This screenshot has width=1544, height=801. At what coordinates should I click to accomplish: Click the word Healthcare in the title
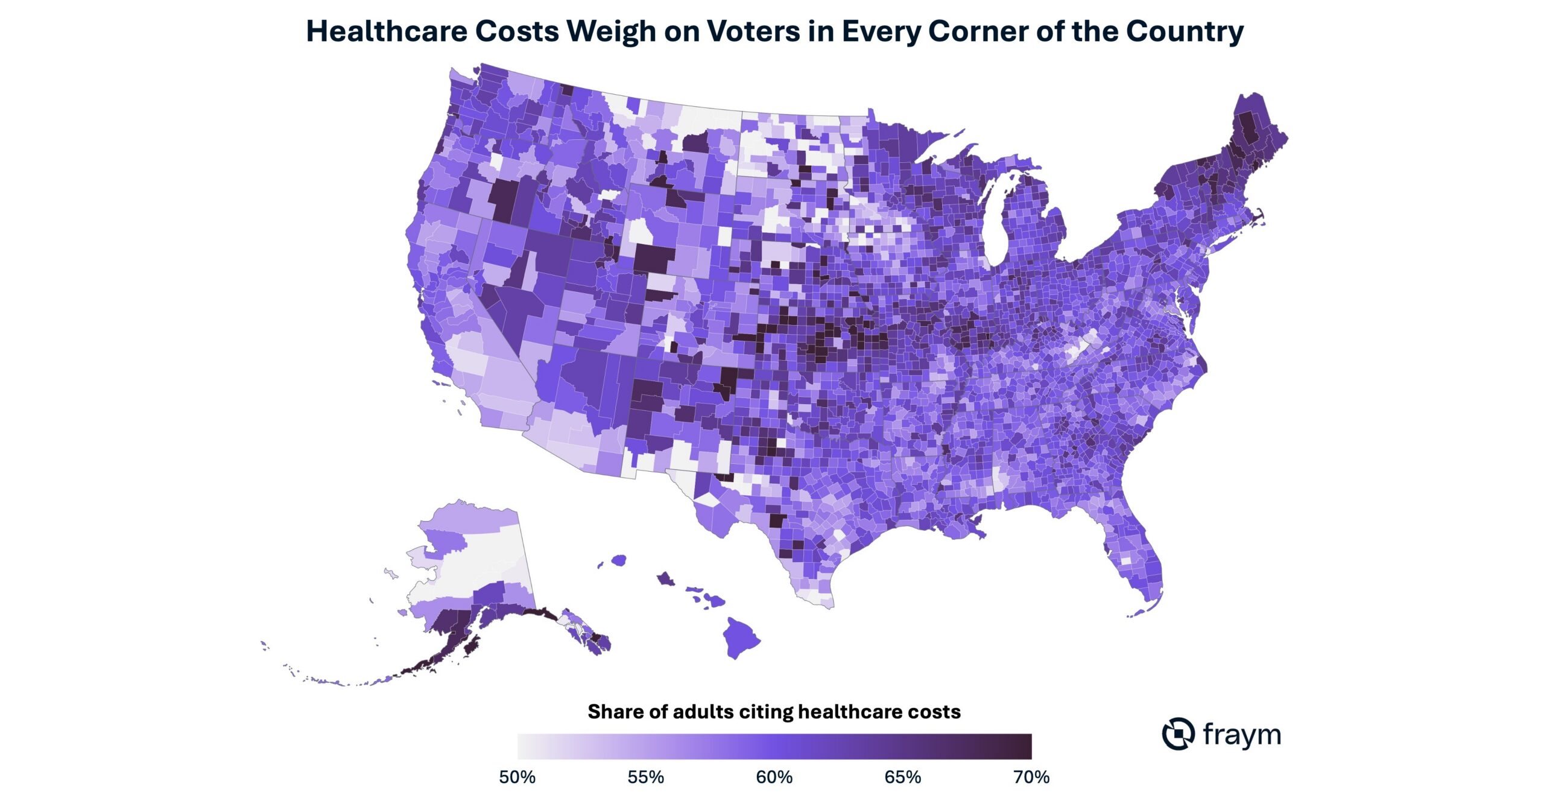click(387, 31)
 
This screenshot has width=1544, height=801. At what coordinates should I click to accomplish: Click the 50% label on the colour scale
click(517, 777)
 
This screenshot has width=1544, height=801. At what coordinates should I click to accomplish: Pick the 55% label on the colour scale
click(645, 777)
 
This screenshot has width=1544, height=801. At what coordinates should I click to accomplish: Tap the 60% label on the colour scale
click(774, 777)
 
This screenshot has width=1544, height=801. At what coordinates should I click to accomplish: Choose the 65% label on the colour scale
click(902, 777)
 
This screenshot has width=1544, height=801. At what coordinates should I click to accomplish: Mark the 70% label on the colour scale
click(1031, 777)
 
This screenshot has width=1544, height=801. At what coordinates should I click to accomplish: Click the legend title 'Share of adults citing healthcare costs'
click(774, 712)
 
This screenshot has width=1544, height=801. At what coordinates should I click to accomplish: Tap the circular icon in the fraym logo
click(1178, 734)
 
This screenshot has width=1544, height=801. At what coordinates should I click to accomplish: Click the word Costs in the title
click(517, 31)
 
